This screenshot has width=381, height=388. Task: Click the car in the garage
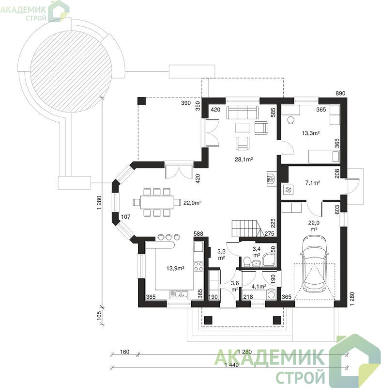click(x=314, y=263)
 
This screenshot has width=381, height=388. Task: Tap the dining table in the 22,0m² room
click(x=157, y=202)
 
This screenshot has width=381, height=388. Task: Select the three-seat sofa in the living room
click(x=242, y=112)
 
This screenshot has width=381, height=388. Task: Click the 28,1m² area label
click(x=244, y=160)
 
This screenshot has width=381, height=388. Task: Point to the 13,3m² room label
click(x=311, y=133)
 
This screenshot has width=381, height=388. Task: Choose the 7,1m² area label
click(x=313, y=183)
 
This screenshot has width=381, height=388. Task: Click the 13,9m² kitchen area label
click(x=175, y=268)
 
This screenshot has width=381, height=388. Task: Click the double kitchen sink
click(x=179, y=294)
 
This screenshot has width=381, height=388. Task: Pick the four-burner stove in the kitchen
click(x=198, y=266)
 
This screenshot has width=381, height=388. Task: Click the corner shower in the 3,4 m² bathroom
click(x=269, y=260)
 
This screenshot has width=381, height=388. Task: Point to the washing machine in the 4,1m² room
click(x=272, y=294)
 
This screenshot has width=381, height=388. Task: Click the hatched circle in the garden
click(x=71, y=72)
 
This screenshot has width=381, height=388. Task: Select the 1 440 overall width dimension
click(x=231, y=365)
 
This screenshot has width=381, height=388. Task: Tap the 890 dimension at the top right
click(x=340, y=93)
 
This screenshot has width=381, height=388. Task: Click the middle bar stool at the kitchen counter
click(x=168, y=237)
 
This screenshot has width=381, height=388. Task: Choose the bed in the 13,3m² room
click(x=324, y=156)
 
